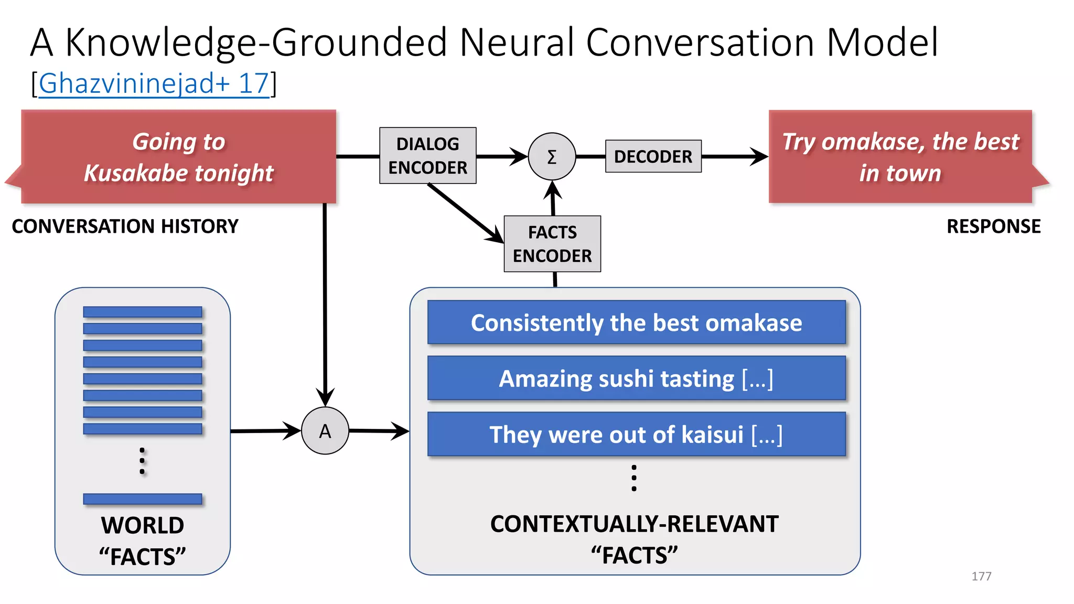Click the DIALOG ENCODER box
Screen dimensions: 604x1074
(x=427, y=156)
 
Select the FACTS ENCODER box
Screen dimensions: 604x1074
(x=552, y=244)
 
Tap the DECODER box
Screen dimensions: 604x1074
(x=653, y=156)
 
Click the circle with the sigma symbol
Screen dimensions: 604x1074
(x=552, y=156)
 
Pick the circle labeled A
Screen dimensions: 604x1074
(x=325, y=430)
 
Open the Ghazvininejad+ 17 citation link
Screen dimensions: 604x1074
(x=154, y=83)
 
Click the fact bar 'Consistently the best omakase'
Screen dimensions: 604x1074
(x=636, y=322)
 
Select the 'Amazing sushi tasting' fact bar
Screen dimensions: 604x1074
(x=636, y=379)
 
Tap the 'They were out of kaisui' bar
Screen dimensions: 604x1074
(x=636, y=434)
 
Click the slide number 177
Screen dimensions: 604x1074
(x=981, y=576)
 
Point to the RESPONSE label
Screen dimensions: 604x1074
(x=993, y=226)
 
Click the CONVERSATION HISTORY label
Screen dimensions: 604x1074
(x=125, y=226)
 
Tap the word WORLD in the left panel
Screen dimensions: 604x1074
(x=143, y=525)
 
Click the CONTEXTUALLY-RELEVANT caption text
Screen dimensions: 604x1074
(x=634, y=524)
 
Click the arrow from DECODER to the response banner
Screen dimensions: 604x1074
(x=734, y=156)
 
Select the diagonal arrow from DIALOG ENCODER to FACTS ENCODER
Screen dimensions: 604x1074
(x=464, y=212)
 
